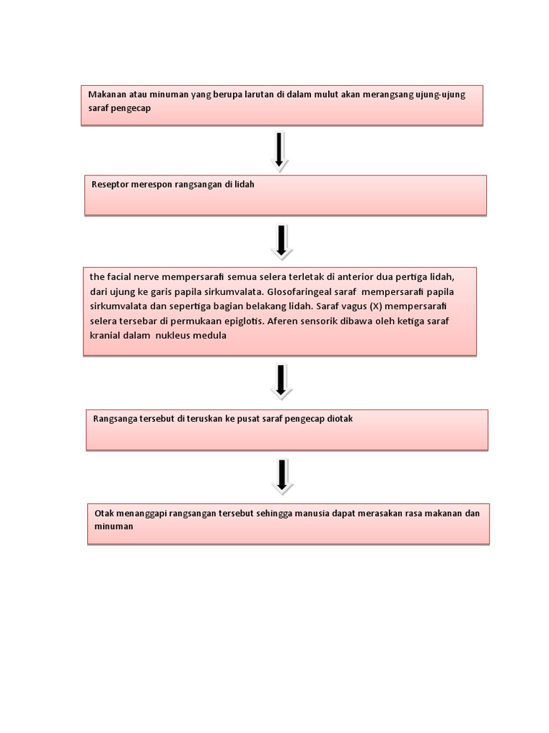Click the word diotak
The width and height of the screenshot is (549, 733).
338,419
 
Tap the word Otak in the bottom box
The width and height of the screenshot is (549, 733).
104,513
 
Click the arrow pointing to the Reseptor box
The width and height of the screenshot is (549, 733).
280,150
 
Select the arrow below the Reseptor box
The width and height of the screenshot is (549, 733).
282,241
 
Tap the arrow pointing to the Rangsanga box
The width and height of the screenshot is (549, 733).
281,380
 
